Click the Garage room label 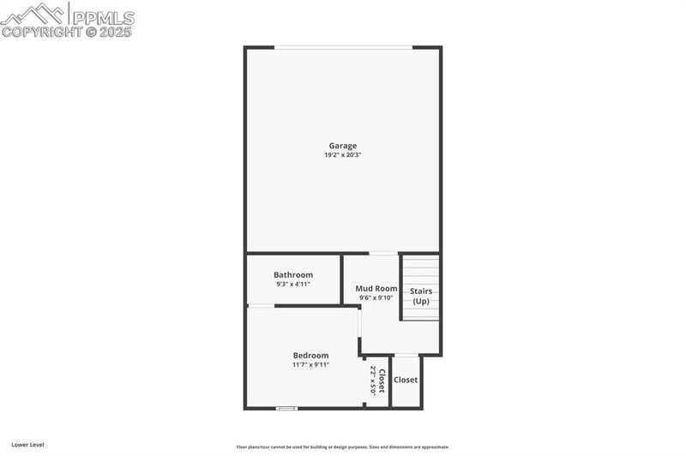pyautogui.click(x=342, y=146)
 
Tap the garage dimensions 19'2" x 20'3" pyautogui.click(x=342, y=155)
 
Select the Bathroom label pyautogui.click(x=293, y=275)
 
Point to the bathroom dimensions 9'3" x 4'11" pyautogui.click(x=293, y=284)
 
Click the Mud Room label pyautogui.click(x=376, y=289)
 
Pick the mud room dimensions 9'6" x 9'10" pyautogui.click(x=376, y=297)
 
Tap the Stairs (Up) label pyautogui.click(x=421, y=297)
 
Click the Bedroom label pyautogui.click(x=310, y=356)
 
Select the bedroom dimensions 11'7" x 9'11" pyautogui.click(x=310, y=364)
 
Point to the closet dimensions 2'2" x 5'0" pyautogui.click(x=373, y=381)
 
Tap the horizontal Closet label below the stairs pyautogui.click(x=406, y=380)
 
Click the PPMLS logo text pyautogui.click(x=102, y=17)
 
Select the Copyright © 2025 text pyautogui.click(x=67, y=33)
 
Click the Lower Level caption pyautogui.click(x=27, y=445)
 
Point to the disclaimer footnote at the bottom pyautogui.click(x=342, y=447)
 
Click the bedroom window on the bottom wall pyautogui.click(x=286, y=408)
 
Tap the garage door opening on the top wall pyautogui.click(x=343, y=47)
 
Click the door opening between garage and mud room pyautogui.click(x=382, y=253)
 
